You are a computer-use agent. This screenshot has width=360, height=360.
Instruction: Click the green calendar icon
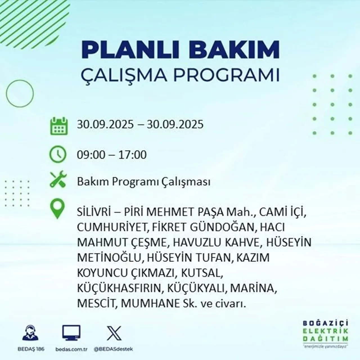[x=59, y=126]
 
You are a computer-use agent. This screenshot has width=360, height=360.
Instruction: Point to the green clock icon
[x=58, y=154]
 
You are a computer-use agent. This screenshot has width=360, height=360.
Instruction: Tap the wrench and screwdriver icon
[x=58, y=180]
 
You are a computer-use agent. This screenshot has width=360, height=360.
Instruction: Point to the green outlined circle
[x=19, y=93]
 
